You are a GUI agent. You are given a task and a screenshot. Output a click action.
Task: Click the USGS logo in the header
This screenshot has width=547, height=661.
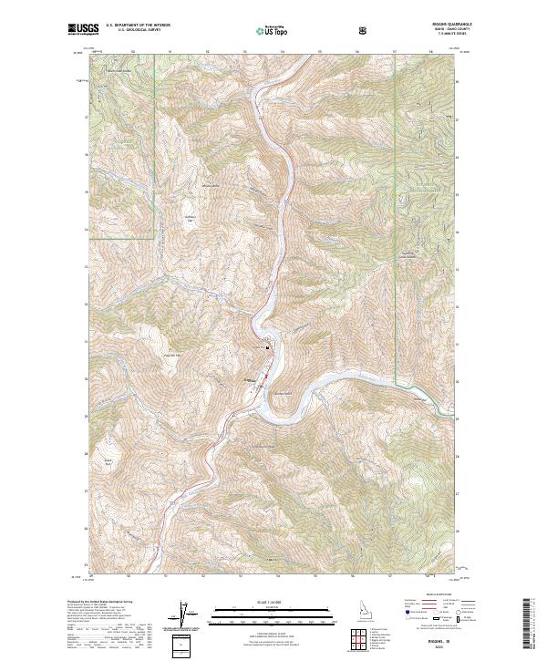tap(83, 30)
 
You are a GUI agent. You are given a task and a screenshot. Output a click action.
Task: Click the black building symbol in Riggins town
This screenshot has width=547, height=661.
tap(267, 347)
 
